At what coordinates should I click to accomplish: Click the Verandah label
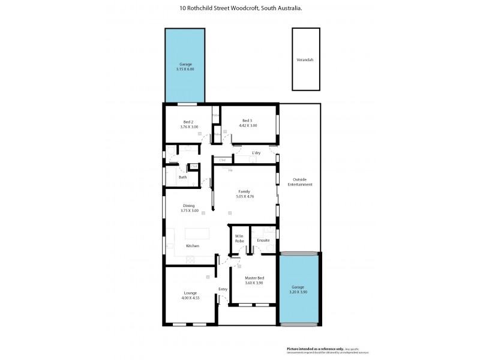click(x=305, y=60)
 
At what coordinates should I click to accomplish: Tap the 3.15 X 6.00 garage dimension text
click(x=185, y=69)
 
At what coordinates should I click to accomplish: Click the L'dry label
click(x=256, y=153)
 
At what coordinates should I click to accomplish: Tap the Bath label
click(x=182, y=177)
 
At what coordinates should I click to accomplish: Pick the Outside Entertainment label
click(x=300, y=182)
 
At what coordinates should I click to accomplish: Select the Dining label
click(x=189, y=206)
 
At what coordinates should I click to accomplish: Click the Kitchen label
click(x=192, y=246)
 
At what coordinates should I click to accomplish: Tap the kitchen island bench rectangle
click(x=199, y=233)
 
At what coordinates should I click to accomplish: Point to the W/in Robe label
click(x=239, y=238)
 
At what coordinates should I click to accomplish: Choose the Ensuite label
click(x=263, y=240)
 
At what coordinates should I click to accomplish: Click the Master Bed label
click(x=254, y=278)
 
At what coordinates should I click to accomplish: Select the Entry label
click(x=223, y=289)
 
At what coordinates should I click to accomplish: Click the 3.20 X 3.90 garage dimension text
click(x=298, y=292)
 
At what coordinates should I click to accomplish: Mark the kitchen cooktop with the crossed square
click(x=191, y=259)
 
